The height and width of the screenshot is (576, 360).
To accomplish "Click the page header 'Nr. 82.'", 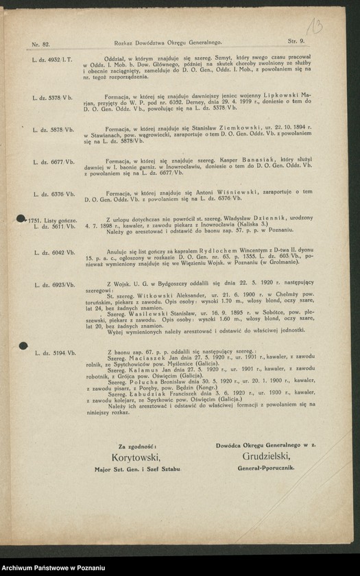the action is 40,43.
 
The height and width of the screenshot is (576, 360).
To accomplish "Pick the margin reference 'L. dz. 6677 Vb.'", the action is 52,162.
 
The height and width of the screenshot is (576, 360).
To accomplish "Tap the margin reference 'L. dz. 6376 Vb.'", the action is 52,194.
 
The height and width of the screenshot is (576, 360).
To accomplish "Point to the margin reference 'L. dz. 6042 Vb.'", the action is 53,252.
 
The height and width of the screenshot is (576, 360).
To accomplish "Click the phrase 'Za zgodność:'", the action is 137,445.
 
